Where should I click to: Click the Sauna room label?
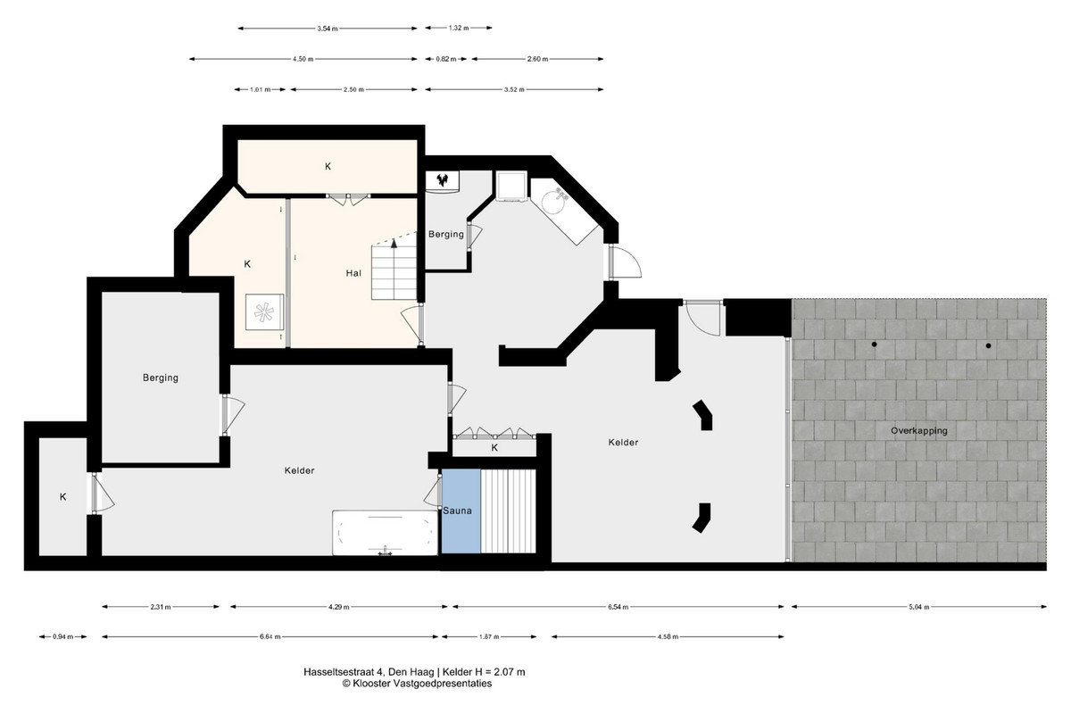point(457,511)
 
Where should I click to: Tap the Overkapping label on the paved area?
point(918,431)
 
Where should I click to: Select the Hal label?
point(353,273)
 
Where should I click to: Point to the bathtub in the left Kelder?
point(385,533)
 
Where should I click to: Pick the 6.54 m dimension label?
point(619,607)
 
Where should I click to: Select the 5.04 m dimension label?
point(919,607)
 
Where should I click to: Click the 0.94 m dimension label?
point(62,636)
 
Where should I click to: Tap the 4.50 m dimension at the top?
point(303,59)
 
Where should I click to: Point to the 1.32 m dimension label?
point(458,28)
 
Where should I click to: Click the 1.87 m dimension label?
point(489,636)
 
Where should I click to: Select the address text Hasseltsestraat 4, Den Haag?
point(369,672)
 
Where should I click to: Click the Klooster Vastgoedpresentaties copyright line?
point(417,684)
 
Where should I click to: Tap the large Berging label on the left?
point(160,378)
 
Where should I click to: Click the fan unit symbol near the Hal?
point(264,312)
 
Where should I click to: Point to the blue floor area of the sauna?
point(461,511)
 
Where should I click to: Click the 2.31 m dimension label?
point(160,607)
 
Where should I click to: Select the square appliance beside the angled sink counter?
point(511,186)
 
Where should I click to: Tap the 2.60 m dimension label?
point(537,59)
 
